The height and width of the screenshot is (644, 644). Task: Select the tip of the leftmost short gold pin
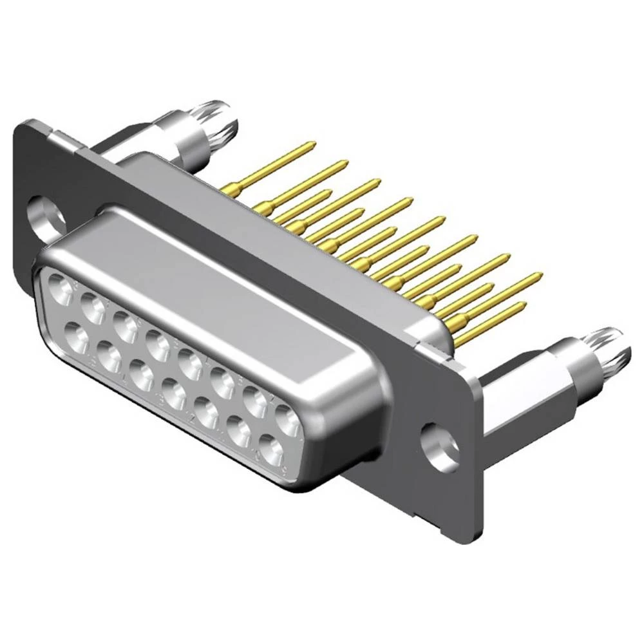click(x=328, y=191)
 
